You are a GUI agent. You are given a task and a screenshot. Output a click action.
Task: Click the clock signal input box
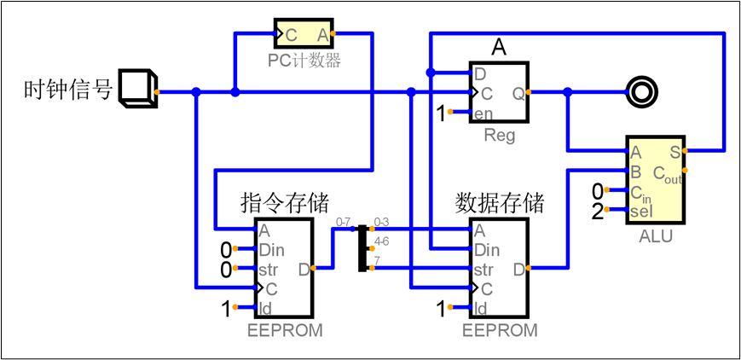[x=136, y=89]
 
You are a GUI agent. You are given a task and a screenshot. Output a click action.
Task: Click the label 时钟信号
[x=68, y=90]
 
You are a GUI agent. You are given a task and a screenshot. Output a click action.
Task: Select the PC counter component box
[x=303, y=34]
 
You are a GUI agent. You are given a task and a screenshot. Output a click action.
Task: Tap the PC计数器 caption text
[x=304, y=61]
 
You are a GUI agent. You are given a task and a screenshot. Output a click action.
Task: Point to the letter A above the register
[x=499, y=49]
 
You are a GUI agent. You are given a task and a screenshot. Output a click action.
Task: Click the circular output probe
[x=640, y=91]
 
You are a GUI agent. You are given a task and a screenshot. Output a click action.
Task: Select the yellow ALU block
[x=655, y=177]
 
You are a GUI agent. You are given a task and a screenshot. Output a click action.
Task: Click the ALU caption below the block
[x=655, y=236]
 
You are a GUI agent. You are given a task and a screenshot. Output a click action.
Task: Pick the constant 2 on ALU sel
[x=597, y=212]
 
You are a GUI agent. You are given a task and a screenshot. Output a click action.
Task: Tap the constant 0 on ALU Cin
[x=598, y=190]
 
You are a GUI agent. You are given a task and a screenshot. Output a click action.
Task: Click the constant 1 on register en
[x=442, y=113]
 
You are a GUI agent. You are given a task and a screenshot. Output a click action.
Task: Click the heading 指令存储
[x=285, y=203]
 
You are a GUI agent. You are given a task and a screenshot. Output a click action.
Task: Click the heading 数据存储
[x=500, y=203]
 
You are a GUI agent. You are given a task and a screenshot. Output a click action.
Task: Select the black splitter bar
[x=362, y=248]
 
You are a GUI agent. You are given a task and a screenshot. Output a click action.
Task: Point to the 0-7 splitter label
[x=344, y=222]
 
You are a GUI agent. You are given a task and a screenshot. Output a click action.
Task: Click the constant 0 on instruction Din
[x=226, y=249]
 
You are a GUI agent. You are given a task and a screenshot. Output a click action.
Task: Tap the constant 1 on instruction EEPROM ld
[x=226, y=309]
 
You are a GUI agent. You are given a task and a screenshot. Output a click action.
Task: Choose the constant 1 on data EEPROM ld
[x=442, y=309]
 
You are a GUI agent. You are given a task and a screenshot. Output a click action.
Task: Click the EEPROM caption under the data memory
[x=500, y=331]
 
